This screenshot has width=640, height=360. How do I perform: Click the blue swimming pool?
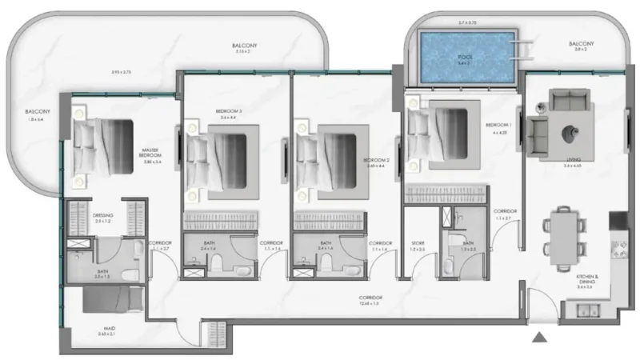[x=468, y=57]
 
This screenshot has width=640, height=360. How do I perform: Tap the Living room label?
[x=572, y=161]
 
